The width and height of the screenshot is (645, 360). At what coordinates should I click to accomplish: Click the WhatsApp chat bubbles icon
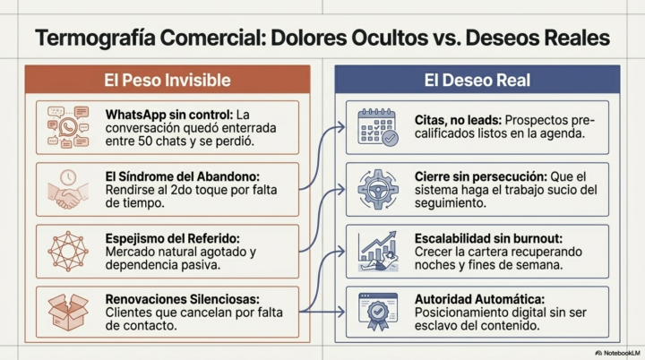click(x=68, y=127)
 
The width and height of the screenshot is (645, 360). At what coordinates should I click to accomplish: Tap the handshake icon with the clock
click(x=68, y=189)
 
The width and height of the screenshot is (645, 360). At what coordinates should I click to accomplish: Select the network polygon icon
click(x=68, y=251)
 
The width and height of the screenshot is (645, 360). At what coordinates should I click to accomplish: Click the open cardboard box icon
click(x=68, y=313)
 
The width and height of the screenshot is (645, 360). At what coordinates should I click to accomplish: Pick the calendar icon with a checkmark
click(x=378, y=127)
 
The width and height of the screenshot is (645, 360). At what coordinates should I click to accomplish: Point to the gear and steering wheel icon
click(x=378, y=189)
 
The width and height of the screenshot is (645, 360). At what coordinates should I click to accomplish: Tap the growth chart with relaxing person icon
click(x=378, y=251)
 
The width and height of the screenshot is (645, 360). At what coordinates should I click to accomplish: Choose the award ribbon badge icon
click(x=378, y=312)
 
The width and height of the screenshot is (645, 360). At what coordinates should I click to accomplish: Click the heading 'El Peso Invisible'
click(x=167, y=80)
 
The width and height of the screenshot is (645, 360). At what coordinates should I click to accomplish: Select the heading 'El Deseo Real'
click(x=477, y=80)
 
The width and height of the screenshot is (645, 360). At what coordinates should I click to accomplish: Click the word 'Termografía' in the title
click(x=95, y=38)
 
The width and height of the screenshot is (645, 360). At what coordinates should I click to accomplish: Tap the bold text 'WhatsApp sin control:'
click(x=169, y=115)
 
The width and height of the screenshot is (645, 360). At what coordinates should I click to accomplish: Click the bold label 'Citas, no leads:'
click(x=458, y=120)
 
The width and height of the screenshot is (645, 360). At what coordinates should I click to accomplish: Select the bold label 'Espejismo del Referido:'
click(x=172, y=238)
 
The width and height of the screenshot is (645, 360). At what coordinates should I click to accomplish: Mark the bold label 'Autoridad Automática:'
click(x=479, y=299)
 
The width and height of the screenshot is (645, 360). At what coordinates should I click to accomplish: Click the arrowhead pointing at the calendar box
click(x=341, y=127)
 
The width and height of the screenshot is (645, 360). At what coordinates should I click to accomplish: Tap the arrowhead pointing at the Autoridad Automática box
click(x=341, y=312)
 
